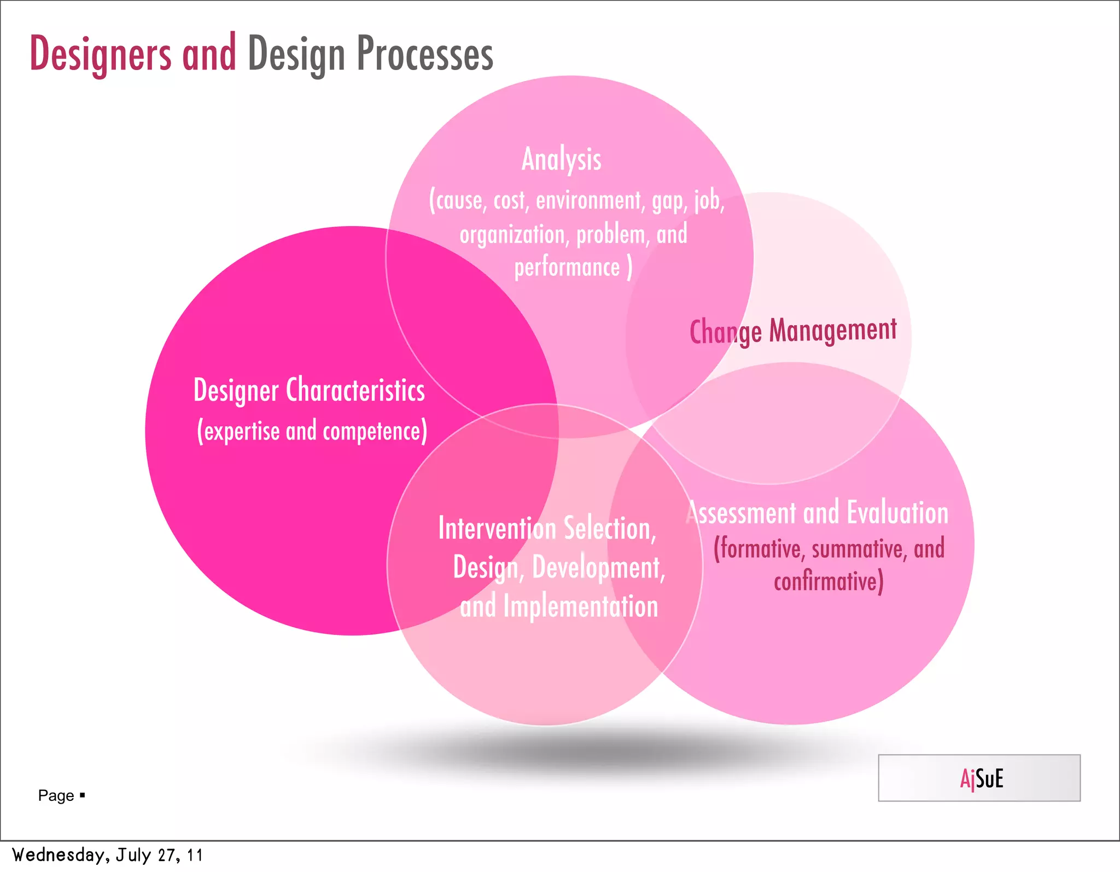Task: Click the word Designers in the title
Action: tap(100, 54)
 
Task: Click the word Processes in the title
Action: tap(425, 54)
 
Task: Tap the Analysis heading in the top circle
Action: tap(561, 159)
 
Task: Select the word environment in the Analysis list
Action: tap(588, 200)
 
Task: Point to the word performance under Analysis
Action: tap(567, 268)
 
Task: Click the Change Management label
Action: tap(792, 331)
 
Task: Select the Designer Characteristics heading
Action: tap(309, 390)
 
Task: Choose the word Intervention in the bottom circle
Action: tap(497, 528)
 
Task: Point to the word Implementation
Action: tap(580, 607)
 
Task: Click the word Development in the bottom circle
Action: tap(597, 567)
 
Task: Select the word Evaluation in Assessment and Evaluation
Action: tap(897, 513)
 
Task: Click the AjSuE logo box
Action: tap(979, 778)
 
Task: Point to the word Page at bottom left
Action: tap(56, 795)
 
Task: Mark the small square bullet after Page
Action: tap(83, 794)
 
